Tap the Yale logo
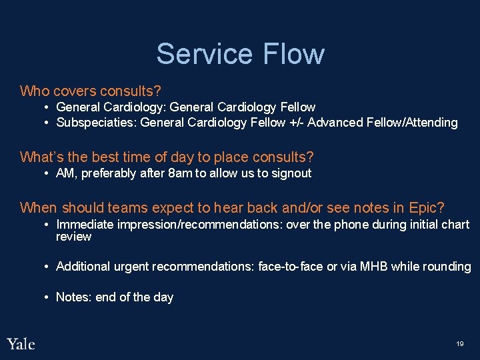coord(21,344)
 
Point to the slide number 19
coord(460,344)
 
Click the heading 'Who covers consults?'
coord(91,91)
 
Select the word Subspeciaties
coord(97,123)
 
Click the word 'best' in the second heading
coord(98,157)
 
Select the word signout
coord(289,173)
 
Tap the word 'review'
coord(73,237)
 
